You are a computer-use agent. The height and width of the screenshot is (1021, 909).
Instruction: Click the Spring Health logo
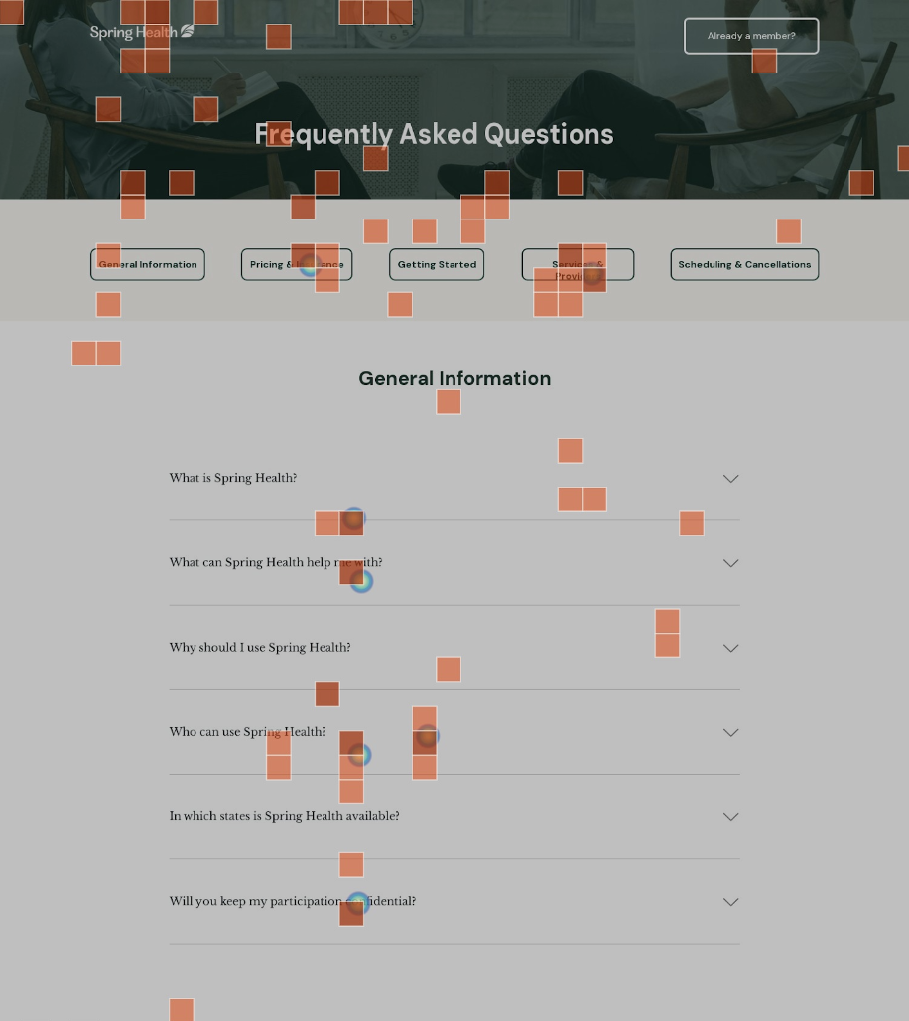(142, 32)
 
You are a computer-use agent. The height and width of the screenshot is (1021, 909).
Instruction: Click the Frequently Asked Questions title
(434, 134)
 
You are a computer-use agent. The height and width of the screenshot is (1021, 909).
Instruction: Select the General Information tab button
(148, 264)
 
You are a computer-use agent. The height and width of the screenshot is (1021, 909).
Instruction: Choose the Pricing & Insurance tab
(297, 264)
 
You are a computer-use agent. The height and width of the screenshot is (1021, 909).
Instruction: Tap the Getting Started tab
(437, 264)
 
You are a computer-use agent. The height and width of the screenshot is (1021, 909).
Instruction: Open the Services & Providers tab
(578, 264)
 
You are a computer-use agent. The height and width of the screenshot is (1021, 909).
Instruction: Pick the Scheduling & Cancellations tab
(744, 264)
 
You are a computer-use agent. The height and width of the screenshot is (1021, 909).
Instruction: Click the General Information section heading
(454, 378)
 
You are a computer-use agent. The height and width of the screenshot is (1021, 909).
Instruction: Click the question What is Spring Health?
(233, 478)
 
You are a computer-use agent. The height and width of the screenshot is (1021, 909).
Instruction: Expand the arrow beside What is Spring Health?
(731, 479)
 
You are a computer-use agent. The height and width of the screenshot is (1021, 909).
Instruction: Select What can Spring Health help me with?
(276, 562)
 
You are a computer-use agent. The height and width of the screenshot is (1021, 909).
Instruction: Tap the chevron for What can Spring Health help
(731, 563)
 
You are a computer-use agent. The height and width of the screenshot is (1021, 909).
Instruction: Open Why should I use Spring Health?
(260, 648)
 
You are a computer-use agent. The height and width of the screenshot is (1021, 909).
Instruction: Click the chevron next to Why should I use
(731, 648)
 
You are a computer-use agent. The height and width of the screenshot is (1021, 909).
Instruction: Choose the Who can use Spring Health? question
(247, 732)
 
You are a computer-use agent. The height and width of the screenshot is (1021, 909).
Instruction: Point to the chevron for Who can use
(731, 732)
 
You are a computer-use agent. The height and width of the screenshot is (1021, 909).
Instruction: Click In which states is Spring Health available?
(284, 816)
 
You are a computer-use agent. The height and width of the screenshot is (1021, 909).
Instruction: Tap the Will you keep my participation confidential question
(293, 901)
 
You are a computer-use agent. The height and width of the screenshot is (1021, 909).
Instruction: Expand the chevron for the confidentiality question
(731, 902)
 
